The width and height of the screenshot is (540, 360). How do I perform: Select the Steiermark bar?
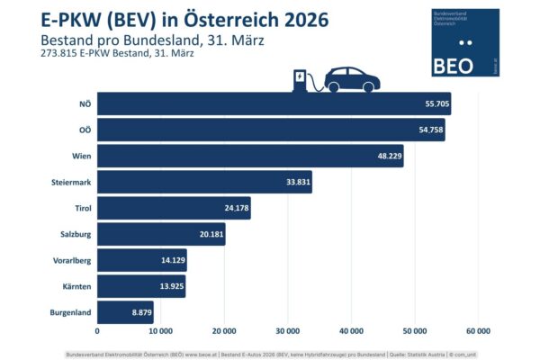[x=204, y=182]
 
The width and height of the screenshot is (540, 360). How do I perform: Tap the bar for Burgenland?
[x=125, y=312]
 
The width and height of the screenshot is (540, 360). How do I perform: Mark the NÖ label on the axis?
[x=85, y=103]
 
